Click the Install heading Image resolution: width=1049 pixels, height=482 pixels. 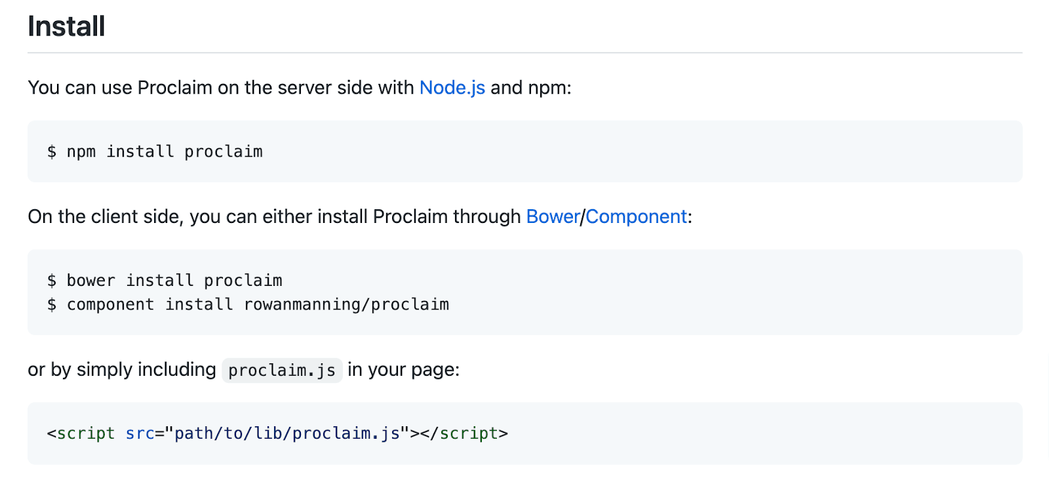click(x=66, y=26)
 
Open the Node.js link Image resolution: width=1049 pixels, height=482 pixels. click(x=452, y=87)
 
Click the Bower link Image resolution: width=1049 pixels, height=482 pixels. click(x=553, y=216)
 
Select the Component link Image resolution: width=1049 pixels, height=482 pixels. click(x=636, y=216)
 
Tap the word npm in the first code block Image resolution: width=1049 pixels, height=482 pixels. click(x=81, y=152)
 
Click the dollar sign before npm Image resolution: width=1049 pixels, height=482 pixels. click(x=52, y=152)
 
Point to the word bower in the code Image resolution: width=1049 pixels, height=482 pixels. click(x=90, y=281)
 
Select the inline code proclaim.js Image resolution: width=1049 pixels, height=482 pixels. click(x=282, y=371)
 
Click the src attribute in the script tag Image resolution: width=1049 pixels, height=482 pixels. click(x=140, y=433)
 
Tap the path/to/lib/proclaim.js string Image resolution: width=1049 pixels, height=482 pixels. click(x=287, y=433)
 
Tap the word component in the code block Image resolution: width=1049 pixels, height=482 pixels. click(x=110, y=305)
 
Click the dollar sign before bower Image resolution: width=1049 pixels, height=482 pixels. click(x=52, y=281)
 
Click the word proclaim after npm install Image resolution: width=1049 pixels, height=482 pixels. click(x=223, y=152)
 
